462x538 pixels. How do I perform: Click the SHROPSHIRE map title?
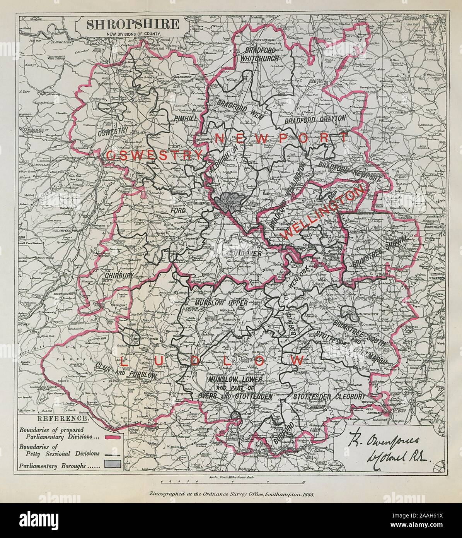(132, 24)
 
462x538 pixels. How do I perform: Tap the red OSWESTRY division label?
(153, 156)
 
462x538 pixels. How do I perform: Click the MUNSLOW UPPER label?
(221, 305)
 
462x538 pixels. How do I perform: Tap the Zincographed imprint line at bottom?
(231, 494)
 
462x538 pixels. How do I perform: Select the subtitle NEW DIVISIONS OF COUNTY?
(132, 34)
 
